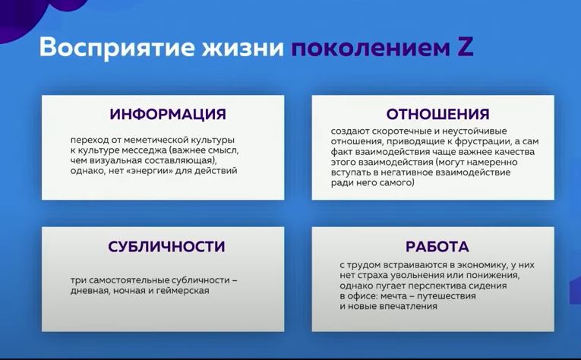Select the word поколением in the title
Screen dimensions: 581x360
[x=370, y=48]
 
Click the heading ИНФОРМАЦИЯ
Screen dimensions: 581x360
[x=168, y=114]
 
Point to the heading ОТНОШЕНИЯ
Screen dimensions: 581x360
[x=437, y=114]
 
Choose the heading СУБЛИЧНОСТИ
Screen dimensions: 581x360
[x=166, y=247]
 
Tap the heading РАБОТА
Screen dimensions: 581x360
[x=437, y=247]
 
